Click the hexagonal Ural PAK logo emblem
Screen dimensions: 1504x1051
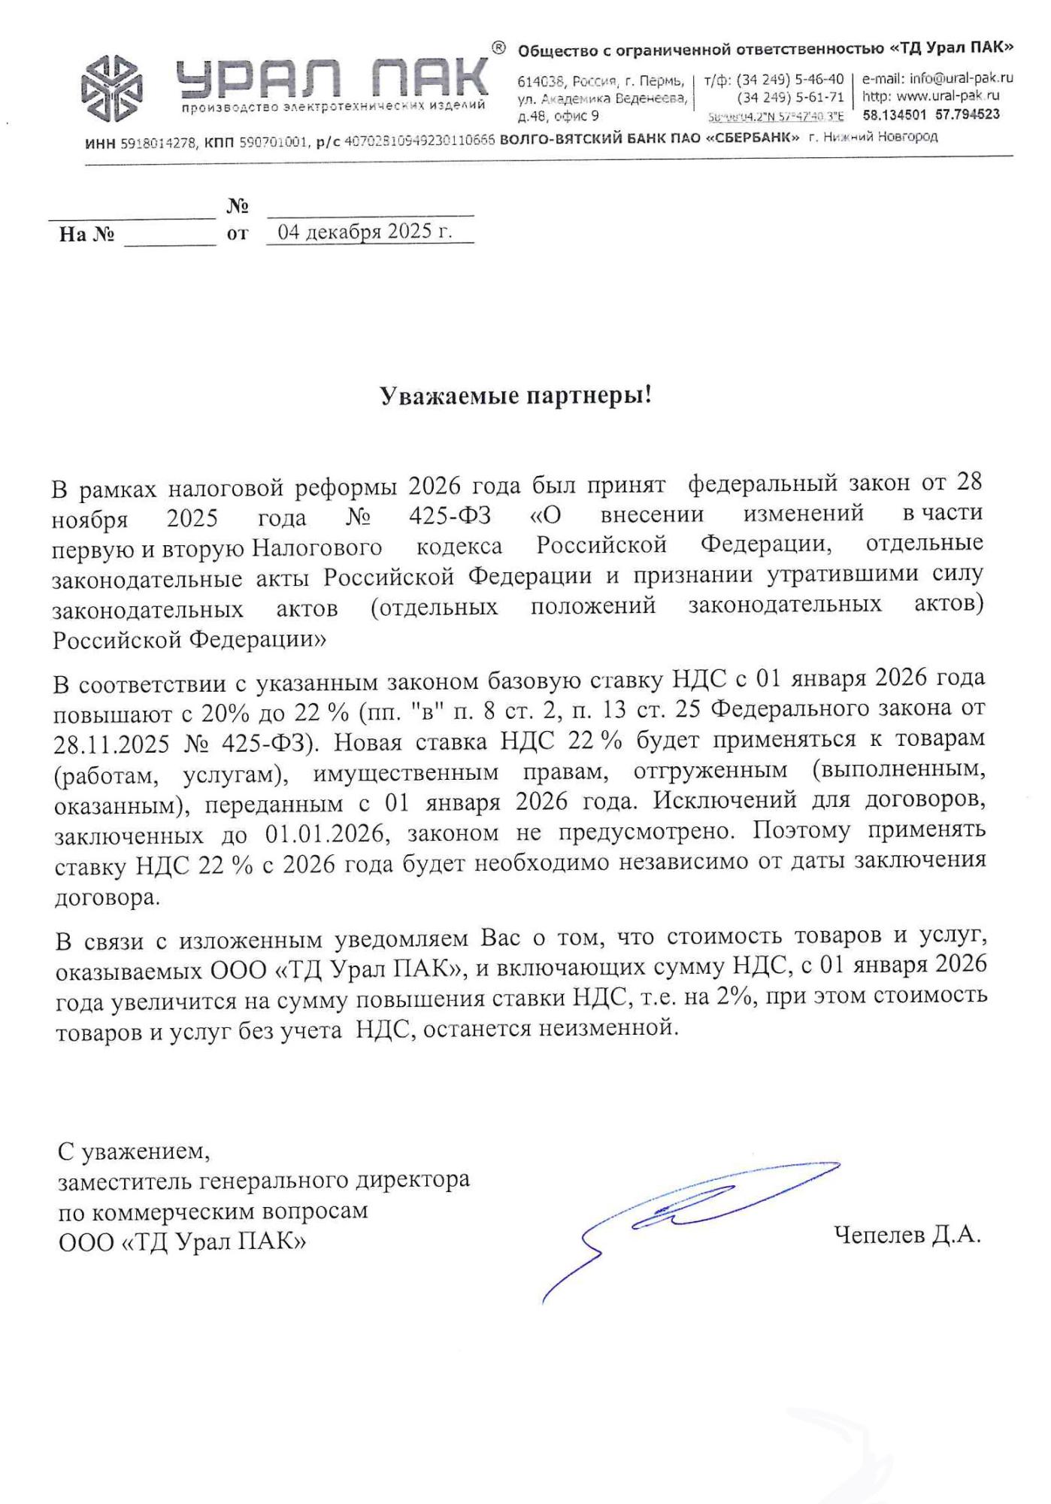point(114,89)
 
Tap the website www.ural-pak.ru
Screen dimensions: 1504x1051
point(948,96)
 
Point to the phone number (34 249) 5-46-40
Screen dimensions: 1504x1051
point(790,79)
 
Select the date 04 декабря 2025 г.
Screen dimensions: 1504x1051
point(365,232)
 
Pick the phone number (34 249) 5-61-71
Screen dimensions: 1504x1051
point(790,97)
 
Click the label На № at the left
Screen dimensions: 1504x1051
point(86,235)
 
